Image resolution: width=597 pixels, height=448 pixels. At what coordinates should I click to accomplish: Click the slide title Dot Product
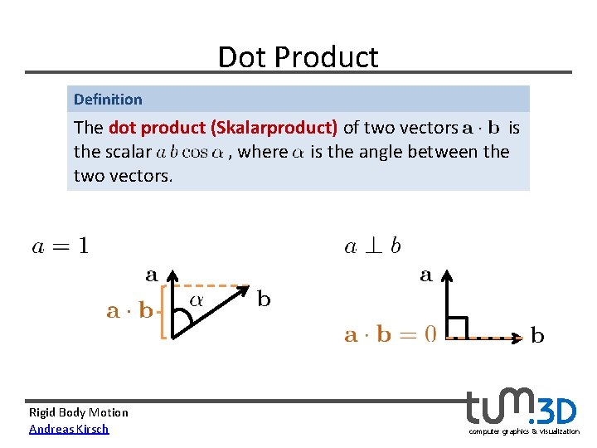(298, 56)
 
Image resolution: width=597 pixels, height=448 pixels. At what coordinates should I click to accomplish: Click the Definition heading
(108, 100)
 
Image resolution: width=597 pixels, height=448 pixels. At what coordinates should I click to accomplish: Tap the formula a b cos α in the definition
(190, 153)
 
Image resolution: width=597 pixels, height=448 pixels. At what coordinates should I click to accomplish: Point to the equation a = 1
(60, 246)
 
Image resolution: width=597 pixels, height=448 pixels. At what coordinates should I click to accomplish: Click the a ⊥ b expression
(372, 246)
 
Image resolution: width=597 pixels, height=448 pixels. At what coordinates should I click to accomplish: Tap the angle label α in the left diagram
(197, 300)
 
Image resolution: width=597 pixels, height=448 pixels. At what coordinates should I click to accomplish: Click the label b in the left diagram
(264, 299)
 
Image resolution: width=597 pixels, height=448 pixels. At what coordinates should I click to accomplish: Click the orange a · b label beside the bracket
(130, 311)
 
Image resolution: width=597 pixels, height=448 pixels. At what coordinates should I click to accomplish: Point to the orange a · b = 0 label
(390, 334)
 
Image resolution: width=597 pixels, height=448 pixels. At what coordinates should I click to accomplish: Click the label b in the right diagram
(537, 336)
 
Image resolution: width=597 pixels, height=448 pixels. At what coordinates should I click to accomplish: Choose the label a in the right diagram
(425, 275)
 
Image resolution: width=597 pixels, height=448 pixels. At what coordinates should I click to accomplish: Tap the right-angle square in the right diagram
(457, 328)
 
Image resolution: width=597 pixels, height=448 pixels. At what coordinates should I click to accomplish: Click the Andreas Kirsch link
(69, 429)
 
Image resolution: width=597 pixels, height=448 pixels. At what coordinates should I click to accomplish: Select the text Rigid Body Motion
(79, 412)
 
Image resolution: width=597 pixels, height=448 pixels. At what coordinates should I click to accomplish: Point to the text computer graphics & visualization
(523, 431)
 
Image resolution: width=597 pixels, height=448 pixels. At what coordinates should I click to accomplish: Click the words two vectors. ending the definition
(124, 176)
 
